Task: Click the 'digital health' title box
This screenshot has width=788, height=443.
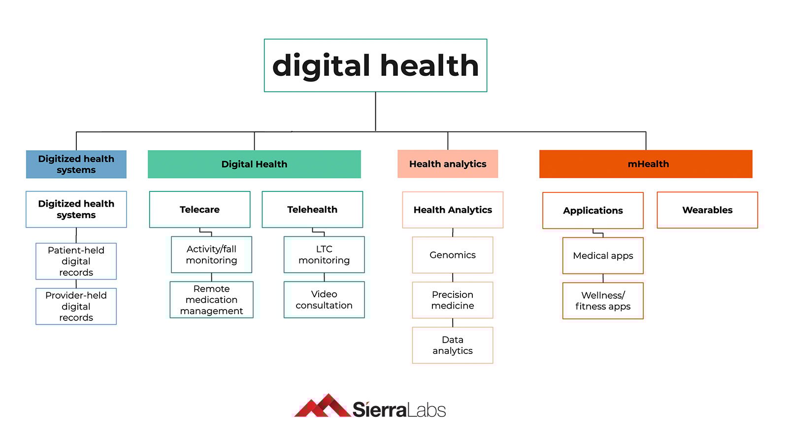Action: coord(375,65)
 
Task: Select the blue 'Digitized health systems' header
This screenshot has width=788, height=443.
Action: coord(76,164)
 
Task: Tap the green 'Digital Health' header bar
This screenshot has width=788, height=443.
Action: coord(254,164)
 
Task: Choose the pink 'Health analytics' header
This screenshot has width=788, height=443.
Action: coord(448,164)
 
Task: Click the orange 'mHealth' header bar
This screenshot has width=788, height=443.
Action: coord(646,164)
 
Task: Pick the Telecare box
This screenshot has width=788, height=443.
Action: coord(199,210)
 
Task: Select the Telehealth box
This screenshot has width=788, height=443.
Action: coord(312,210)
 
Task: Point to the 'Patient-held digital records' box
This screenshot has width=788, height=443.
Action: coord(76,261)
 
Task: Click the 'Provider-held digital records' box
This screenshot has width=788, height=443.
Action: coord(76,306)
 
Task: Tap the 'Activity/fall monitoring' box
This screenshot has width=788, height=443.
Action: coord(211,255)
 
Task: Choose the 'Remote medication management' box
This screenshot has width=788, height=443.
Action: coord(211,300)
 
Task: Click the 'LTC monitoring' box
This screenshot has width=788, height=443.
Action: coord(324,255)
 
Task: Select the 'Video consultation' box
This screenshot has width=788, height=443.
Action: coord(324,300)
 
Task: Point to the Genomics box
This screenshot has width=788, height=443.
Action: coord(453,255)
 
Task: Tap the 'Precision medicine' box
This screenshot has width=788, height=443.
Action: coord(453,300)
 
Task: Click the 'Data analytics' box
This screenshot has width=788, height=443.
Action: coord(453,346)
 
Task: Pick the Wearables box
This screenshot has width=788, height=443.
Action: coord(707,210)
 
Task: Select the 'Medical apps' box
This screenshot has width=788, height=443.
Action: coord(603,256)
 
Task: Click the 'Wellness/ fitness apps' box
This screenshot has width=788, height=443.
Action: coord(603,301)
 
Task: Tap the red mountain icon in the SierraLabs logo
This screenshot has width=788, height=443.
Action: coord(323,406)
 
